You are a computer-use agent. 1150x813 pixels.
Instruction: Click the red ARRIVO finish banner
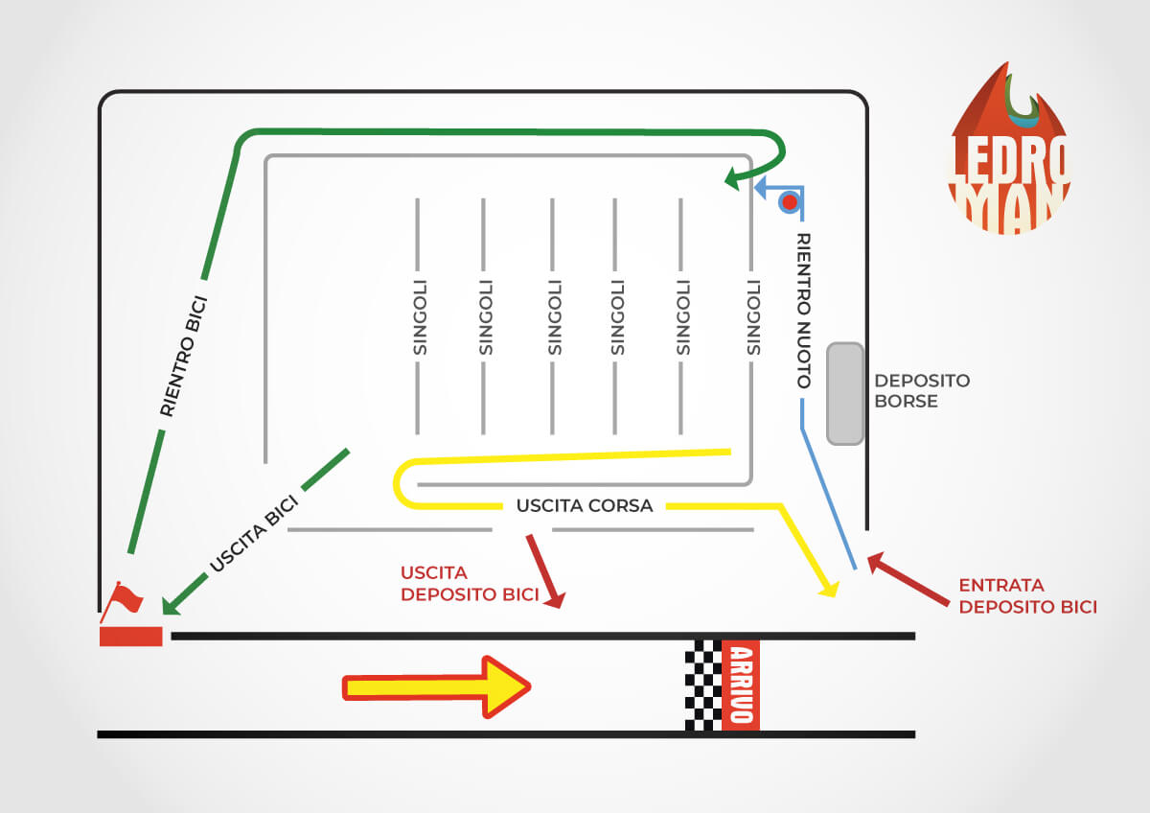coord(741,685)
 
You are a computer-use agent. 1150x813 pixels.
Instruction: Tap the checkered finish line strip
coord(703,685)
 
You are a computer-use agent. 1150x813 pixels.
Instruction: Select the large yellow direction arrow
coord(436,687)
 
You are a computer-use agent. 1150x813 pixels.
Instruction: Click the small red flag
coord(124,600)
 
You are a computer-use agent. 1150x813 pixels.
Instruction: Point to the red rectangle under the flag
coord(131,637)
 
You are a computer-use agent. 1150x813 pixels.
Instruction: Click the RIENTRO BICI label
coord(183,357)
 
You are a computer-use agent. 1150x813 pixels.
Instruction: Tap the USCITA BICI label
coord(254,534)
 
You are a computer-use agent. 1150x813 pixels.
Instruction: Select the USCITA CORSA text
coord(585,506)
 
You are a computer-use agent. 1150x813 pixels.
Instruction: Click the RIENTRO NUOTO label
coord(803,311)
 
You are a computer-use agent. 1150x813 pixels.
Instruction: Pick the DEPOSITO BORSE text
coord(922,391)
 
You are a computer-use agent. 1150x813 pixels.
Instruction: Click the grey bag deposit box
coord(845,393)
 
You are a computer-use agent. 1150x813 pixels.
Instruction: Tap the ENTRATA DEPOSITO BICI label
coord(1027,595)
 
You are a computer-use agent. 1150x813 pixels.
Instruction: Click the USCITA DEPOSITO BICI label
coord(470,584)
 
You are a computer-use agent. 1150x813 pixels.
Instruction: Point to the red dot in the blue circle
coord(790,202)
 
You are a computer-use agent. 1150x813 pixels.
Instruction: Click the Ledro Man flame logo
coord(1009,149)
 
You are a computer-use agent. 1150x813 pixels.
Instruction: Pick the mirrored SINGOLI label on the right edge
coord(753,317)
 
